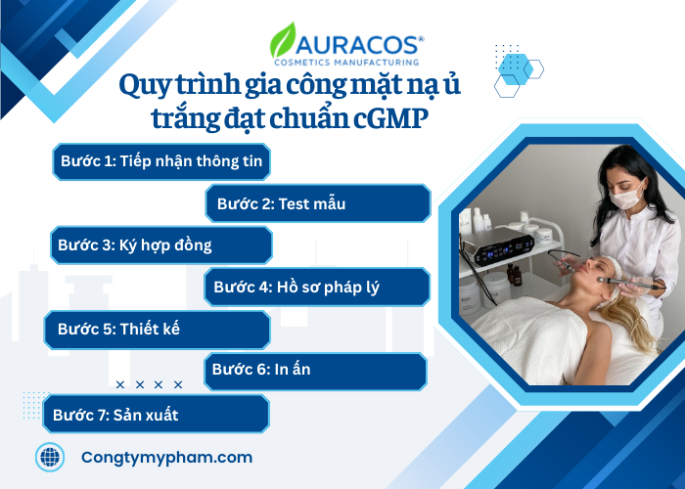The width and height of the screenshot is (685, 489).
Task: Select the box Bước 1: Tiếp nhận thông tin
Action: [161, 161]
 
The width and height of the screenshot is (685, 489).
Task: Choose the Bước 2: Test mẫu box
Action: [318, 203]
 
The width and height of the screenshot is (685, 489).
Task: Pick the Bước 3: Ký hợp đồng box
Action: [160, 244]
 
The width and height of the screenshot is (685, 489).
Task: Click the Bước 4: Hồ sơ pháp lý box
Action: [317, 287]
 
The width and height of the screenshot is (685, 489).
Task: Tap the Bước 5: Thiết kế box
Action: [158, 330]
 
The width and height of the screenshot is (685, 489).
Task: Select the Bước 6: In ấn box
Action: [315, 371]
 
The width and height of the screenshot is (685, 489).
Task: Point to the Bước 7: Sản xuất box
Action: [157, 414]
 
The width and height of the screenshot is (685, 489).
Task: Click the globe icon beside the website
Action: [49, 457]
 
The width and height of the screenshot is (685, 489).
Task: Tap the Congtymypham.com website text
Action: [166, 457]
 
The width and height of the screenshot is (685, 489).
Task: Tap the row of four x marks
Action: [149, 385]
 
